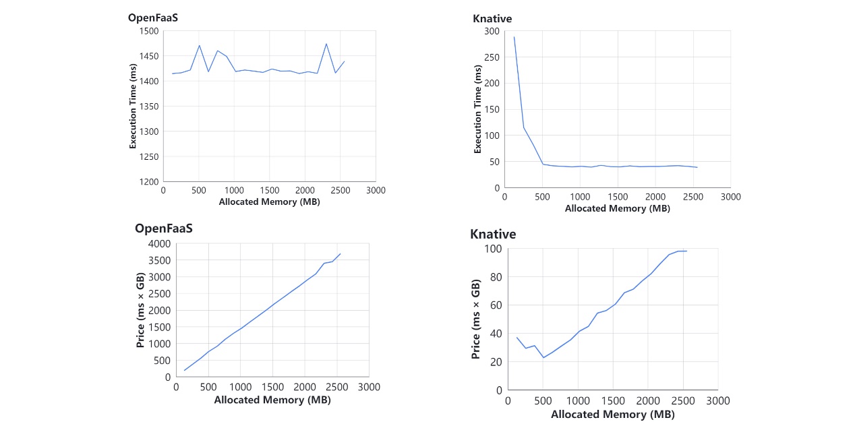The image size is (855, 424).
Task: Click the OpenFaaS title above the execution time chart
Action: coord(153,18)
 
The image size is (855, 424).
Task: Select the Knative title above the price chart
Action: coord(493,235)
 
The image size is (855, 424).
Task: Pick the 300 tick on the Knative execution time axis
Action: coord(491,31)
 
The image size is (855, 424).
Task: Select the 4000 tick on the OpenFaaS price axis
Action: coord(160,243)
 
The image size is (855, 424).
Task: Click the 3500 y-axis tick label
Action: coord(160,260)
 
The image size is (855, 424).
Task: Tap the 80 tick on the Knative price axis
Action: coord(496,276)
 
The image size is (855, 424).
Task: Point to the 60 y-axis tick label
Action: coord(496,305)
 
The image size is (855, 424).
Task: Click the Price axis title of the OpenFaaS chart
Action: coord(141,310)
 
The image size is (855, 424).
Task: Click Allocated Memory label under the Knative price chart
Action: coord(612,414)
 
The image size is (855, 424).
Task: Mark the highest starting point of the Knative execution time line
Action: coord(514,37)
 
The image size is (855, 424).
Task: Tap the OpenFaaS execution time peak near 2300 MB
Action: coord(326,44)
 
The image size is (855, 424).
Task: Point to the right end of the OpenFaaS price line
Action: coord(341,253)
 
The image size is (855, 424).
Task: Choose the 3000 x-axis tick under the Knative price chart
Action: coord(717,400)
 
